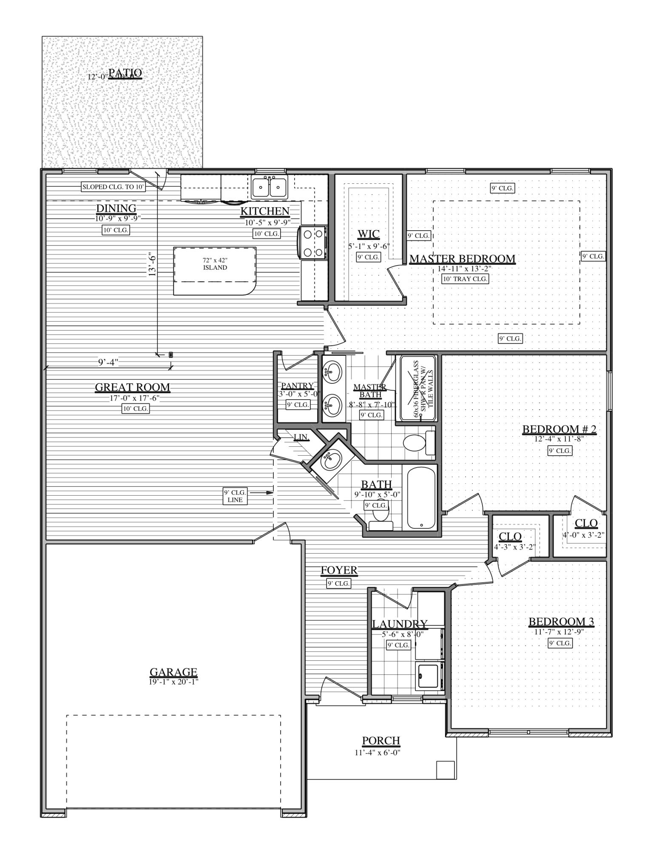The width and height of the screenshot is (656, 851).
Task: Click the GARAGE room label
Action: click(173, 672)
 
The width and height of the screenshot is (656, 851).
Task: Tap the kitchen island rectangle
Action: click(215, 271)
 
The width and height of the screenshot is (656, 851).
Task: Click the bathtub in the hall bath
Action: click(421, 498)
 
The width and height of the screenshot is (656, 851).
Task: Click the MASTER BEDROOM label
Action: click(462, 259)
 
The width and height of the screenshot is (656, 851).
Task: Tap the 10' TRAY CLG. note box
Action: click(465, 279)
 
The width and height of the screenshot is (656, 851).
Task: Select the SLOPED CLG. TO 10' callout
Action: click(114, 187)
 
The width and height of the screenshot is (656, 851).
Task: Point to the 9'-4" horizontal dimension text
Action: click(108, 362)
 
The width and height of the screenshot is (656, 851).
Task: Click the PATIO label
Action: click(125, 73)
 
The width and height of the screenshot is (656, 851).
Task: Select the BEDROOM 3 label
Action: click(561, 622)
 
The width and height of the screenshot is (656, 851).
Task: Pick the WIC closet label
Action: click(369, 234)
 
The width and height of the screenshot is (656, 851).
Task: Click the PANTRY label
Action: click(297, 386)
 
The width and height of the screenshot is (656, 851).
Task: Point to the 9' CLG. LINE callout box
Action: click(235, 497)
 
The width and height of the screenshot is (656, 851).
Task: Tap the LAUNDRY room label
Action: click(400, 624)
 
